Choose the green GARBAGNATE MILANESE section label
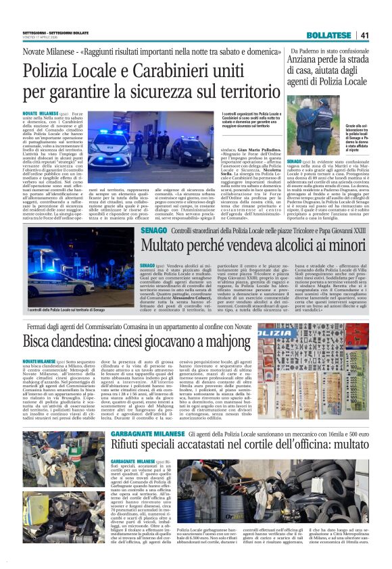pyautogui.click(x=141, y=432)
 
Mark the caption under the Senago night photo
pyautogui.click(x=69, y=310)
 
